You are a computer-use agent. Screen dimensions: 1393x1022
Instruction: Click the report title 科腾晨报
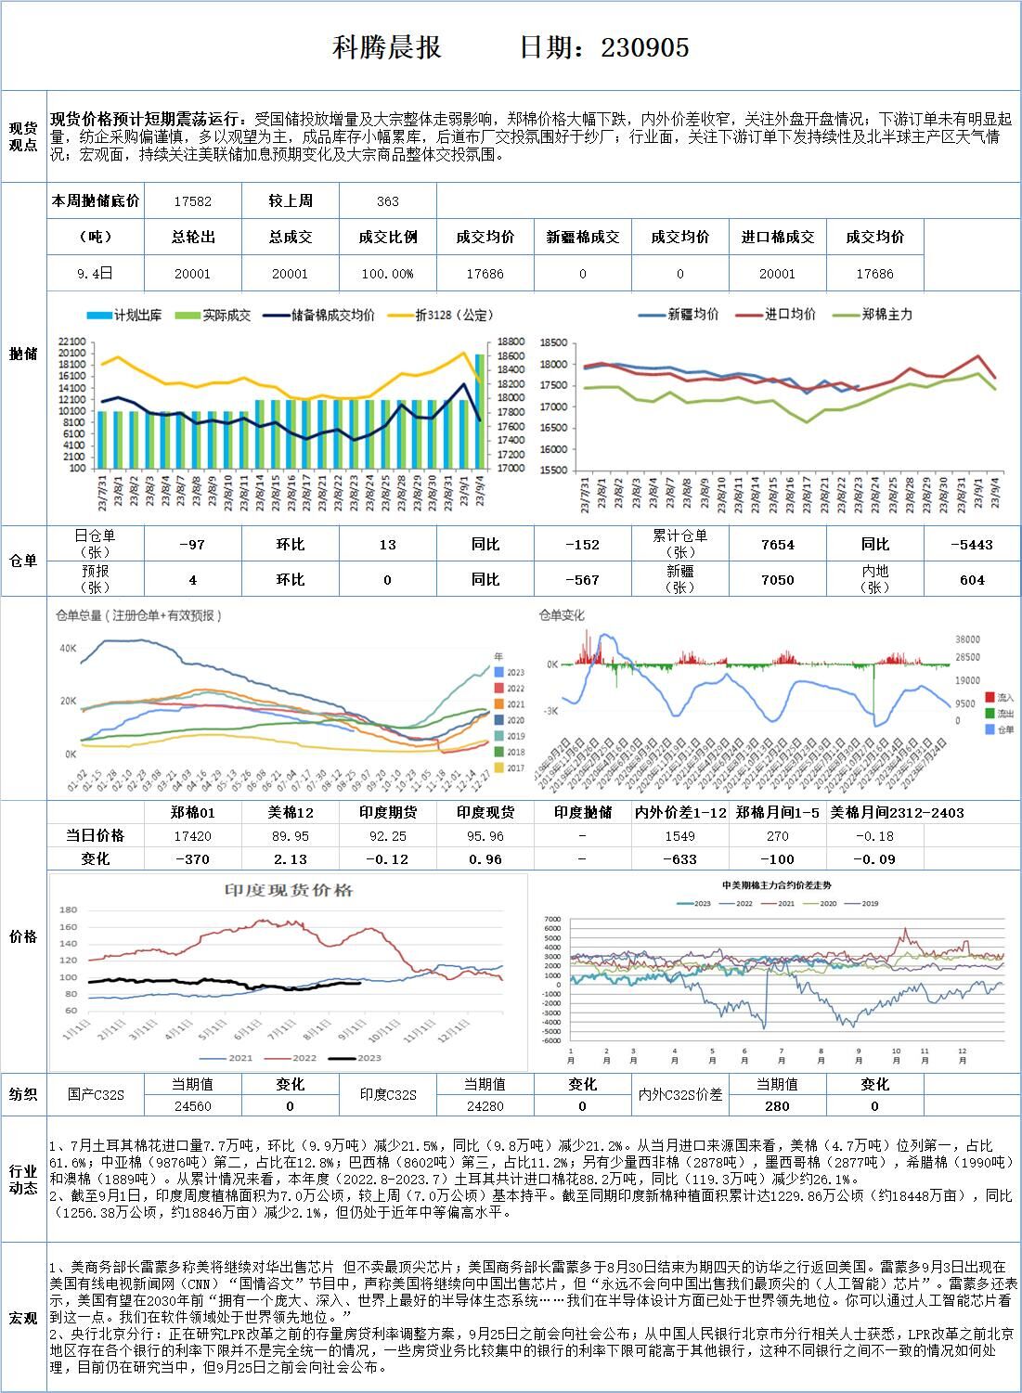point(386,47)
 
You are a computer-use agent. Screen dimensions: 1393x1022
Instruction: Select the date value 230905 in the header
point(645,47)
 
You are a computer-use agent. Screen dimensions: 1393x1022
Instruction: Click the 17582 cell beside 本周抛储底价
point(192,201)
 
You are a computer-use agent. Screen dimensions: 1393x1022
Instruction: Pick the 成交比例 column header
point(387,238)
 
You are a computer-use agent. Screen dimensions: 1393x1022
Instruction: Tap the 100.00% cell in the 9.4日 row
point(387,274)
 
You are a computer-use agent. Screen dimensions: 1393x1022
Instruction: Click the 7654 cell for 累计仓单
point(777,545)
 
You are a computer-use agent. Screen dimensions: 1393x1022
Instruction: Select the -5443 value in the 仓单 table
point(971,545)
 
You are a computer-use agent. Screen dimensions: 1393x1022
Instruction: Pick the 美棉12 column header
point(290,812)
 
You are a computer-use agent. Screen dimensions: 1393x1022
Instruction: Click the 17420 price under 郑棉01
point(192,836)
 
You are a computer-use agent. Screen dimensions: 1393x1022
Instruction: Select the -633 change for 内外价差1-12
point(679,859)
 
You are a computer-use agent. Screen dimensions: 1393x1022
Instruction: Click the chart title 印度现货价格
point(289,891)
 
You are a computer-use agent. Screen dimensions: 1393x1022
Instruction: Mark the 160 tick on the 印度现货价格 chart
point(69,926)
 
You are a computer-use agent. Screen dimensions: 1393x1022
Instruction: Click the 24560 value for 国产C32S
point(192,1106)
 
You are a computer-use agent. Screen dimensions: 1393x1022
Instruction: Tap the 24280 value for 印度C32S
point(485,1106)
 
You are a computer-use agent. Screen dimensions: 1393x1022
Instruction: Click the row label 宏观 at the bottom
point(23,1318)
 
